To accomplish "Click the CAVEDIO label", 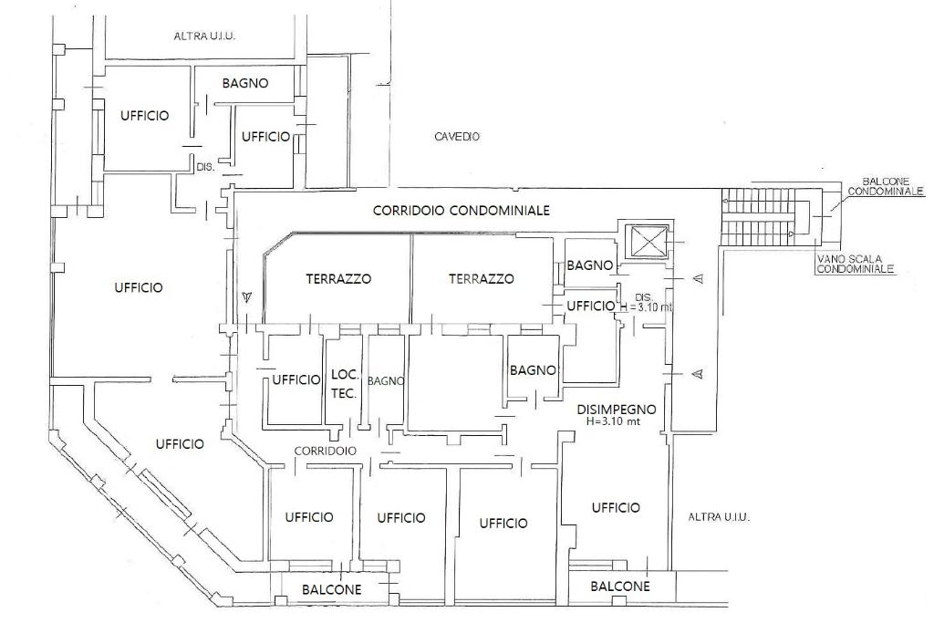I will coord(457,137).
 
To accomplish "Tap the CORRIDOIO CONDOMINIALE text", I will coord(462,210).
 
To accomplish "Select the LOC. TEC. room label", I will coord(344,383).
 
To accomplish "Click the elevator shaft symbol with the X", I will coord(645,243).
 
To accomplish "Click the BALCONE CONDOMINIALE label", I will coord(885,187).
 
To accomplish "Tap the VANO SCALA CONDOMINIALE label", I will coord(856,264).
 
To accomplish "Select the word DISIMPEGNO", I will coord(617,410).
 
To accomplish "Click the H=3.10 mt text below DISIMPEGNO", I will coord(617,422).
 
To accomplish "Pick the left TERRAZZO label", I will coord(338,279).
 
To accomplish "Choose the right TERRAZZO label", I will coord(481,279).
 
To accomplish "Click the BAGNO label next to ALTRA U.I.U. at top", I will coord(245,83).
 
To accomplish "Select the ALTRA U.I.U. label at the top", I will coord(204,36).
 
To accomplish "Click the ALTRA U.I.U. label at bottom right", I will coord(719,516).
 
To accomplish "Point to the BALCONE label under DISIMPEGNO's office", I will coord(620,587).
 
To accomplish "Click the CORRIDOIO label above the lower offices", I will coord(325,451).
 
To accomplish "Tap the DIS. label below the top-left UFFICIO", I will coord(204,167).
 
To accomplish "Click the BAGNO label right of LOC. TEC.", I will coord(386,381).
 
